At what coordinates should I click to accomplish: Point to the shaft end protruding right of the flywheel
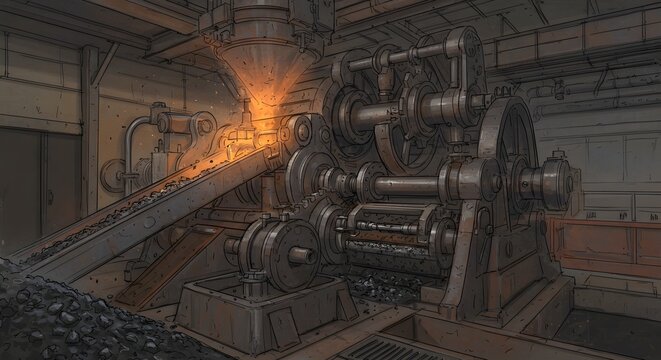coord(560,182)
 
